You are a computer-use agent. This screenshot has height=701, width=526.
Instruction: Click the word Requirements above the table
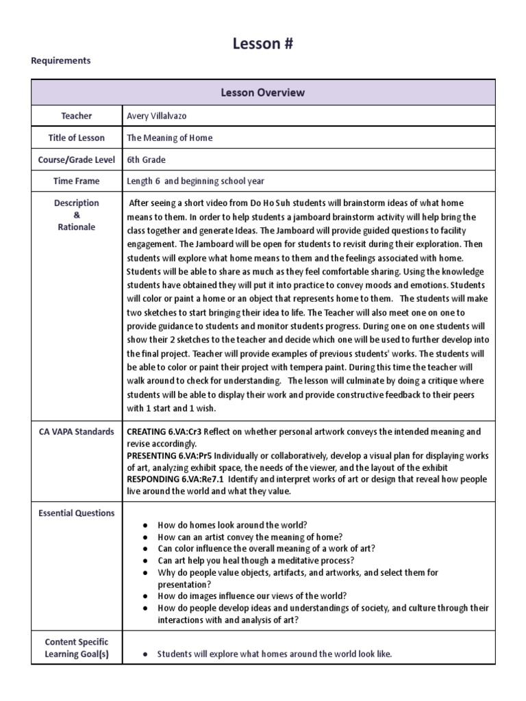tap(61, 60)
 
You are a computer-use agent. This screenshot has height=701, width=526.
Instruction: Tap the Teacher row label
tap(76, 116)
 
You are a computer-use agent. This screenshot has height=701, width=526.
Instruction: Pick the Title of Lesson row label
tap(76, 138)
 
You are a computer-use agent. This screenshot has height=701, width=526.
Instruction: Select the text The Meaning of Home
tap(170, 138)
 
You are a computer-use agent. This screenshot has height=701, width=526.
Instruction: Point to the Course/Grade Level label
tap(76, 160)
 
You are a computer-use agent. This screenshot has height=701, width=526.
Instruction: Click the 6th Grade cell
tap(146, 160)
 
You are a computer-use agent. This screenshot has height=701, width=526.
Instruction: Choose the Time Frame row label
tap(76, 181)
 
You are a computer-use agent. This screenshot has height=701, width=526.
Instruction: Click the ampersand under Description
tap(76, 215)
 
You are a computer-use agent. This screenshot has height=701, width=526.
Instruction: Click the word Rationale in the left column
tap(76, 227)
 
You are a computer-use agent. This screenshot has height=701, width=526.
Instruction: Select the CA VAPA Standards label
tap(76, 432)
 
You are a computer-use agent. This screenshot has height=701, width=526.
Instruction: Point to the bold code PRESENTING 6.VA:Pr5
tap(168, 455)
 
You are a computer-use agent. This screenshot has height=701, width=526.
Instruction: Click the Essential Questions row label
tap(76, 513)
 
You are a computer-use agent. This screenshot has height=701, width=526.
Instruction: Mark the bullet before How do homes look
tap(145, 525)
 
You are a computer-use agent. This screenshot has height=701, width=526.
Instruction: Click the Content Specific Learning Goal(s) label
tap(76, 648)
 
